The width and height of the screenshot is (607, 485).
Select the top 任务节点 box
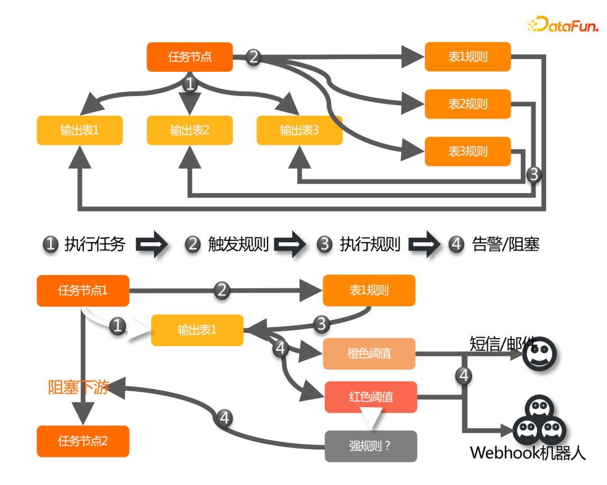pos(190,57)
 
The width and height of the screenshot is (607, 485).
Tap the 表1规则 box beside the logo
pos(468,57)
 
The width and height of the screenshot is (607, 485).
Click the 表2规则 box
pos(468,104)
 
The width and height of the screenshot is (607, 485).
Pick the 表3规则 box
pos(468,151)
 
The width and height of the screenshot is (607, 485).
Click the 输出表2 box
pos(190,130)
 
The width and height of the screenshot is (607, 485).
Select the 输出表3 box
pos(300,130)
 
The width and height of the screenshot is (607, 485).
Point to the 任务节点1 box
pos(83,291)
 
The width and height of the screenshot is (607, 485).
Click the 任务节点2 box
pos(83,441)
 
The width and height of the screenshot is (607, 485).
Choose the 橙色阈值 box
pos(369,353)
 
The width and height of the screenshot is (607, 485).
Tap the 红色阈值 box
pos(371,397)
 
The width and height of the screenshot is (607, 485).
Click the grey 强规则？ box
pos(371,446)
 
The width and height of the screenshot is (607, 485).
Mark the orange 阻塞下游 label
pos(78,387)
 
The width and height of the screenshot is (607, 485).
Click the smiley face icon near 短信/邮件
pos(540,353)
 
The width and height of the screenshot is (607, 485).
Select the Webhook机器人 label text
pos(527,453)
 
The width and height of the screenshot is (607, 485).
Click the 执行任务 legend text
pos(94,244)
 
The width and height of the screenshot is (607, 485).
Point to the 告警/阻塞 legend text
pos(506,244)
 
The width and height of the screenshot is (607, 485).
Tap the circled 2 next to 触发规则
pos(193,244)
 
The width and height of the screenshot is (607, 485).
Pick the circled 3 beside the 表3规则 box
pos(533,174)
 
